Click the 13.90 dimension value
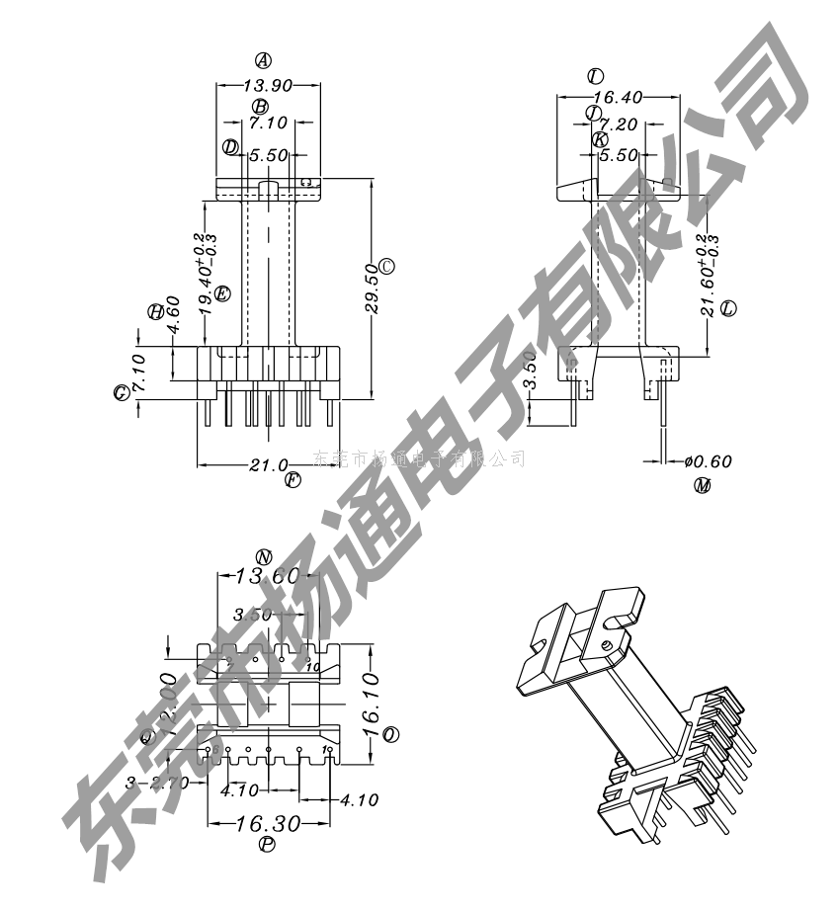268,86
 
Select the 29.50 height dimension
372,289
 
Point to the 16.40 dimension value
620,97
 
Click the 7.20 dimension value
618,124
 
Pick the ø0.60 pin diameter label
708,460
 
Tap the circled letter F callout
293,481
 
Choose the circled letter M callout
703,485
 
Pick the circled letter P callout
267,844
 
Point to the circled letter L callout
729,308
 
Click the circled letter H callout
155,311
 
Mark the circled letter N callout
263,555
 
